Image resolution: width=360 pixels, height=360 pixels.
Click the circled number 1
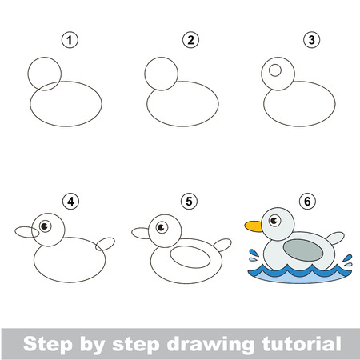click(x=70, y=40)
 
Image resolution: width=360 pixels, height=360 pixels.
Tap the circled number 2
click(x=190, y=40)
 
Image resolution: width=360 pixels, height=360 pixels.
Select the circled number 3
click(x=311, y=40)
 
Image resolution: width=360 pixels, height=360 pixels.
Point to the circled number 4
click(x=70, y=202)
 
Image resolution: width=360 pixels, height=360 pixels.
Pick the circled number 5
click(x=189, y=202)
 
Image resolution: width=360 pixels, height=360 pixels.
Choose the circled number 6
click(x=307, y=202)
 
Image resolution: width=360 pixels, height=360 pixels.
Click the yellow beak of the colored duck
click(x=254, y=226)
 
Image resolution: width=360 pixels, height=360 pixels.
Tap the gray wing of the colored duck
click(x=303, y=250)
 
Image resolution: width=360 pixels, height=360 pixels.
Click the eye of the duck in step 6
click(x=274, y=221)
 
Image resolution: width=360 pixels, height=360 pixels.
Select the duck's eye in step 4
click(x=45, y=226)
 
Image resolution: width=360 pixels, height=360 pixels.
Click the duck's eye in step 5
click(x=162, y=227)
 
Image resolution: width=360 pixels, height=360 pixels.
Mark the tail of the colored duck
click(x=335, y=238)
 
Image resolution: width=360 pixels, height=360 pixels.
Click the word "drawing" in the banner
click(x=210, y=344)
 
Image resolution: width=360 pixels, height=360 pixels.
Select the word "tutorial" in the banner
click(x=302, y=343)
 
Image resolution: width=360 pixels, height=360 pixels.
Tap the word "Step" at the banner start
click(x=48, y=344)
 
